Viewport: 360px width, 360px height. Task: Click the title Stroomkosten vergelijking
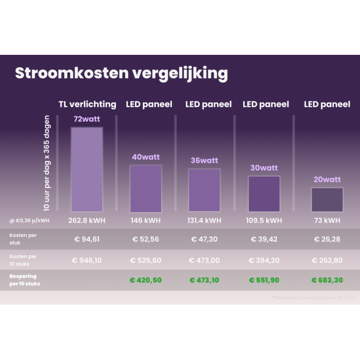coord(121,74)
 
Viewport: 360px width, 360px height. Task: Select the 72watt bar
coord(87,169)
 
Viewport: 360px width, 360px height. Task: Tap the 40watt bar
coord(146,188)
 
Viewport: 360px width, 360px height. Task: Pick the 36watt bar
coord(204,190)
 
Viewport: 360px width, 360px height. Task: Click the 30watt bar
coord(264,193)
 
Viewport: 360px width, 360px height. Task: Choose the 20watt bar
coord(327,199)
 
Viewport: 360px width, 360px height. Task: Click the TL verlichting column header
coord(88,104)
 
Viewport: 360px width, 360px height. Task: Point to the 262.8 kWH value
coord(86,220)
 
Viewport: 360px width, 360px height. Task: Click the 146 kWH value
coord(146,220)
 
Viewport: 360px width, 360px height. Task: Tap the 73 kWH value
coord(327,220)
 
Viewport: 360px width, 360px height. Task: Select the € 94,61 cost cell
coord(87,239)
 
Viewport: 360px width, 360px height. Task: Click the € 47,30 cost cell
coord(204,239)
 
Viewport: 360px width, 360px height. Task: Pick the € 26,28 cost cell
coord(327,239)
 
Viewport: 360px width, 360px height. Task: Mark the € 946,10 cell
coord(87,260)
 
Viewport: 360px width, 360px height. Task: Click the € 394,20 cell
coord(264,260)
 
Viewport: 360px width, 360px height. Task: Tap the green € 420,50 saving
coord(146,280)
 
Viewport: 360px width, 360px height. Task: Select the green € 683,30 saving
coord(327,280)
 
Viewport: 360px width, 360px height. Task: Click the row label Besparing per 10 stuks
coord(24,280)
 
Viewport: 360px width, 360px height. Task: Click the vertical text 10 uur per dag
coord(47,163)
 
